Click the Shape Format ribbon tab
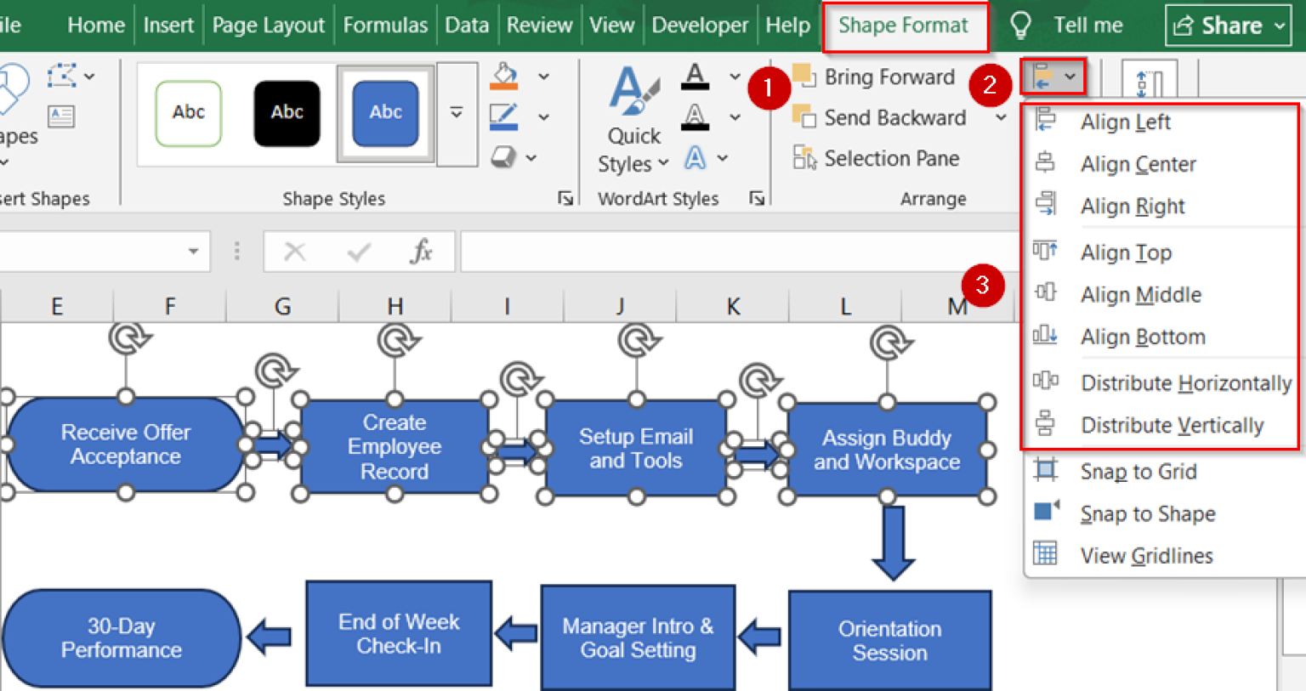[903, 25]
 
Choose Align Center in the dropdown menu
[1138, 164]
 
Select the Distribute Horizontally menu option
[1185, 383]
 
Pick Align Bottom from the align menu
[1142, 337]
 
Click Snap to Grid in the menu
[1138, 472]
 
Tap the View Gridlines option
[1145, 556]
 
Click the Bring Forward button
[889, 77]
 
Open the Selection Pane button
[890, 158]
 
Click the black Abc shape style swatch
[287, 113]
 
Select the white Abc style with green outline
[189, 113]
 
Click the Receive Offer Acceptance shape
[125, 445]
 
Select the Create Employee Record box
[395, 447]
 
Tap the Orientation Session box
[889, 641]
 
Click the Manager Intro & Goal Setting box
[638, 638]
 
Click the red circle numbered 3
[982, 285]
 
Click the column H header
[395, 306]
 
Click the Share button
[1229, 25]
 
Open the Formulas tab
[385, 25]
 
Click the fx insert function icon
[422, 252]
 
